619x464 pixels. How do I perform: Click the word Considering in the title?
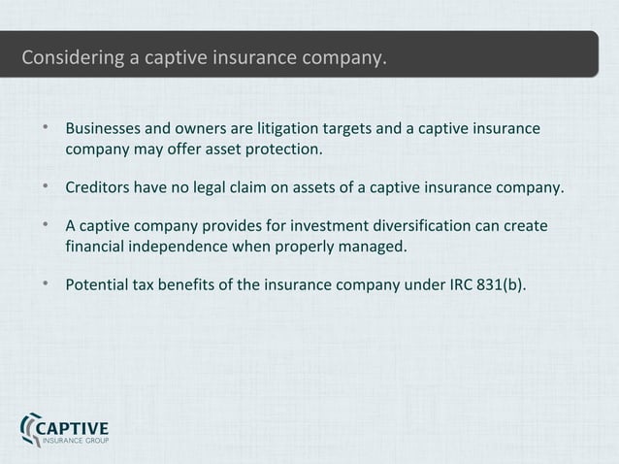tap(73, 60)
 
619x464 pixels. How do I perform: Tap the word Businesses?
tap(107, 129)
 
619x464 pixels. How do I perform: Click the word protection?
tap(281, 151)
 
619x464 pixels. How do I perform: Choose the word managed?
tap(370, 248)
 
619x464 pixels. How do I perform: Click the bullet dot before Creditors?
tap(46, 186)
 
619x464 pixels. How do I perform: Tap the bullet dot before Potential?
tap(46, 283)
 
